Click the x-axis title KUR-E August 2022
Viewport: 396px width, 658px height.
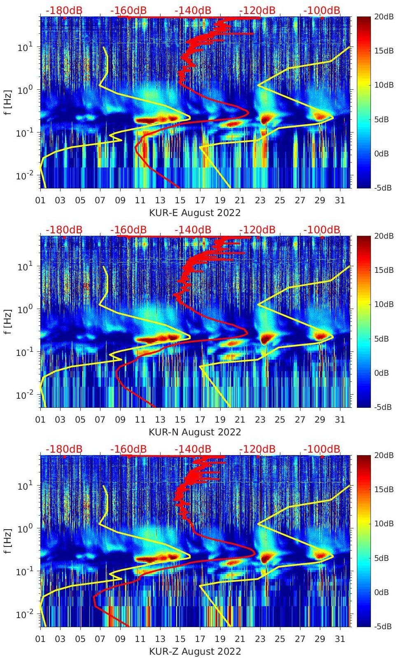195,213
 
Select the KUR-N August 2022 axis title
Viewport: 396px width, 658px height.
195,432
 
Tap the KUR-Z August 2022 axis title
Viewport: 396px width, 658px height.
195,651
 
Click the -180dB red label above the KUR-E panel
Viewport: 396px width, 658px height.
64,10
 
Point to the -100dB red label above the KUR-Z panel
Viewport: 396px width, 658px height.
322,449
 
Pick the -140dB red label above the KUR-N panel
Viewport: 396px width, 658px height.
193,230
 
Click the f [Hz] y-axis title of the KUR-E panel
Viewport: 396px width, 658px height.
7,102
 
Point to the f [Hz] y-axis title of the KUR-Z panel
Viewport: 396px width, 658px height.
7,541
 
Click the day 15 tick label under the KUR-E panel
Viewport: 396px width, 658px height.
180,200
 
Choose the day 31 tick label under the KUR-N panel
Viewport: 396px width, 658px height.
340,420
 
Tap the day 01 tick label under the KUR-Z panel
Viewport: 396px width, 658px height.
40,639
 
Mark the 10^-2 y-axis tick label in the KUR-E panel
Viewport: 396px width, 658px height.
25,176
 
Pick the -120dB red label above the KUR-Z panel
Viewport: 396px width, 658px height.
257,449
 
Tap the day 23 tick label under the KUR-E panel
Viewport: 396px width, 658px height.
260,200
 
